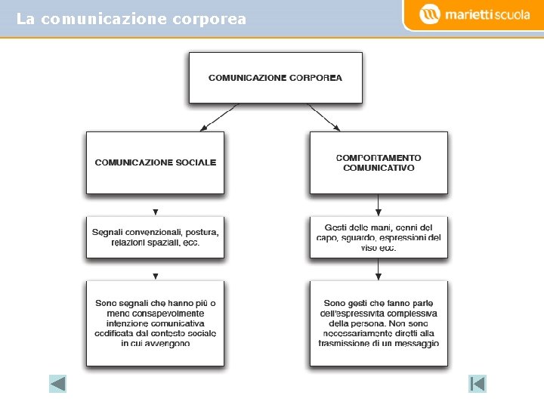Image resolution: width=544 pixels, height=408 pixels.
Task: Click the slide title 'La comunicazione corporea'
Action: [x=131, y=19]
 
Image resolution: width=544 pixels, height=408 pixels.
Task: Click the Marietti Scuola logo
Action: [x=474, y=14]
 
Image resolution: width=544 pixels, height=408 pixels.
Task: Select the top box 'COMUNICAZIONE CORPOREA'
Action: [x=275, y=77]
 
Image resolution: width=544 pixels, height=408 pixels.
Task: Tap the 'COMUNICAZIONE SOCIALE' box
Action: [x=155, y=162]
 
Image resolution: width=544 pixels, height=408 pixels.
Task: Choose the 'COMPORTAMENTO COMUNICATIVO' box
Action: [x=379, y=162]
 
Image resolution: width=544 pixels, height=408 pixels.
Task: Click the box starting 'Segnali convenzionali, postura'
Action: [x=155, y=237]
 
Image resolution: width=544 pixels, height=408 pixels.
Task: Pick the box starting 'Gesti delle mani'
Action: [x=379, y=237]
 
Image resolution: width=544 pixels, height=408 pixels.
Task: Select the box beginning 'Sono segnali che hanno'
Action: [x=155, y=323]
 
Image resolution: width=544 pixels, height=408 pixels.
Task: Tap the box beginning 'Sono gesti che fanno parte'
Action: [x=379, y=323]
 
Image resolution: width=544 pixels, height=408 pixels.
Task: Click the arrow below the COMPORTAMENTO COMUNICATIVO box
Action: [x=379, y=205]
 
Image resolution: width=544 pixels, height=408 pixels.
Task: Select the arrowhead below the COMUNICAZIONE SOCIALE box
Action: [x=155, y=212]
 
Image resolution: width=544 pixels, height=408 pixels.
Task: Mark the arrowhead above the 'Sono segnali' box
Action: [x=155, y=277]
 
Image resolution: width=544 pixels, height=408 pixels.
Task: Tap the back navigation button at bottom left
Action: [x=58, y=384]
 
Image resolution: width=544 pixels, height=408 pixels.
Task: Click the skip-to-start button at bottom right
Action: [x=478, y=384]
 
